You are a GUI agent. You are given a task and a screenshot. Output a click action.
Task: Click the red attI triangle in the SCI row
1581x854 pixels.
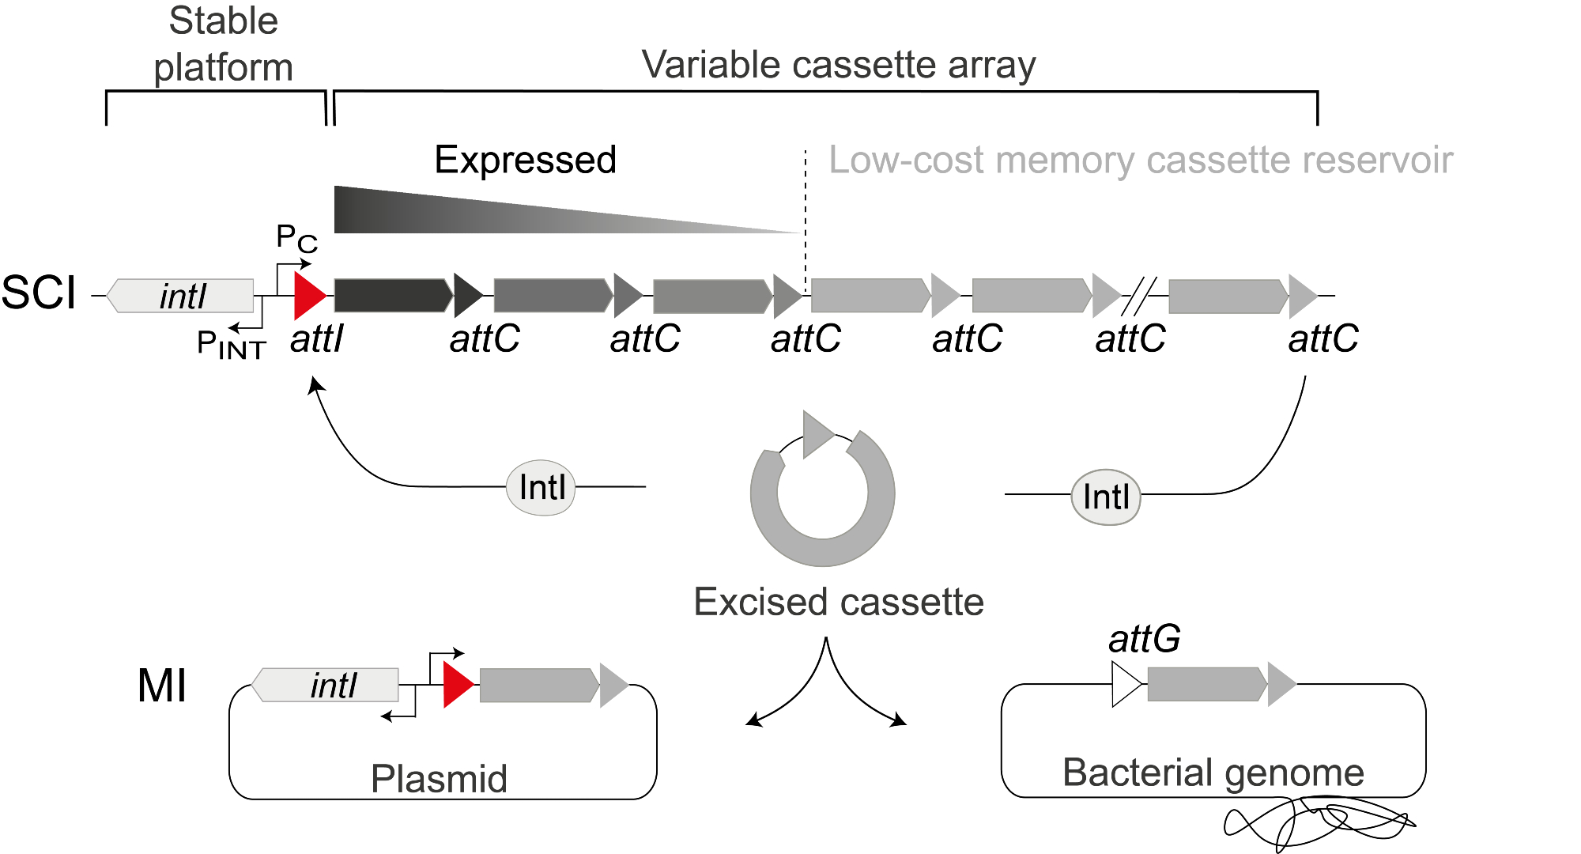click(x=308, y=296)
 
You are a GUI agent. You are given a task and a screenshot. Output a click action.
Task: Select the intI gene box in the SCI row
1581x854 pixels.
click(x=182, y=296)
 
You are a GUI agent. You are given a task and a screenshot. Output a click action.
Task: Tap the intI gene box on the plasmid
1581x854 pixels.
click(x=326, y=685)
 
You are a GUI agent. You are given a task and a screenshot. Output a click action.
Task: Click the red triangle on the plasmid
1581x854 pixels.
click(x=457, y=685)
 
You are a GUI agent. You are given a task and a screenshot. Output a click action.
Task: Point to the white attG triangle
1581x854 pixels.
click(x=1125, y=684)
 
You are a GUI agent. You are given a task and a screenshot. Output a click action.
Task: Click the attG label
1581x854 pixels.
click(x=1144, y=639)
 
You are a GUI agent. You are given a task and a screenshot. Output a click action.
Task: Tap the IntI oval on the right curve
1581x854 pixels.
click(x=1106, y=497)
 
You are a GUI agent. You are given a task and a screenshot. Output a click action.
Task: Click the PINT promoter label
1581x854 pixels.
click(x=231, y=345)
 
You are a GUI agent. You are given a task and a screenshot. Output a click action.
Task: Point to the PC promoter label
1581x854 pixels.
click(x=296, y=237)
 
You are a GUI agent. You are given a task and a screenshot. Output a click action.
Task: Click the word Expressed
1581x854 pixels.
click(x=525, y=161)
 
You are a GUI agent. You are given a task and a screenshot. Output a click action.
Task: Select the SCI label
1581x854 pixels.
click(x=38, y=293)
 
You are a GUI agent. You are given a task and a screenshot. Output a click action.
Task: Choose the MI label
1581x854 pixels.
click(x=162, y=686)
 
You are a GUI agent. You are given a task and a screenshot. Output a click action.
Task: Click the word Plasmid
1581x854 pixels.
click(x=439, y=779)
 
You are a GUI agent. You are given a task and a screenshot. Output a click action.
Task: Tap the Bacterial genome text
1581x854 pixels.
click(x=1213, y=773)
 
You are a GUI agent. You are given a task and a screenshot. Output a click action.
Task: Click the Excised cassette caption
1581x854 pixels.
click(x=838, y=603)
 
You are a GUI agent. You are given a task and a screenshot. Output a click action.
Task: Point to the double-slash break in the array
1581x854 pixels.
click(x=1139, y=296)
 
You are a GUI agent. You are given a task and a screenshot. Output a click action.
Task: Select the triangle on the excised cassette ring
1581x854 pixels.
click(x=816, y=434)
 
